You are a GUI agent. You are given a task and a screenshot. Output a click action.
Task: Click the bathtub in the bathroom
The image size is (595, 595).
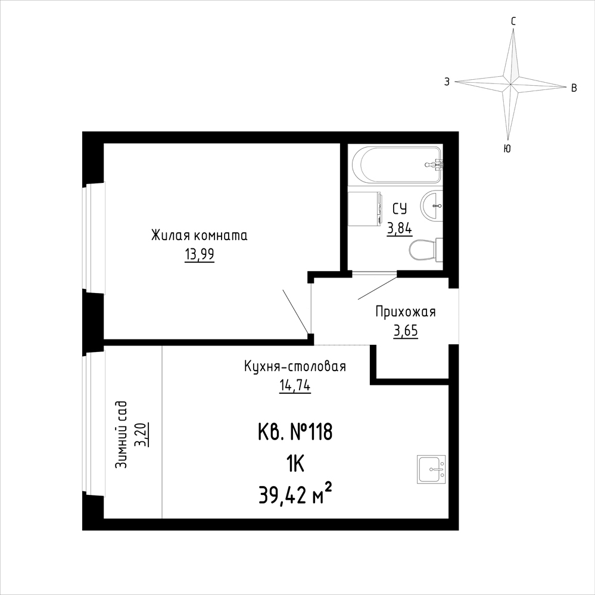pyautogui.click(x=397, y=165)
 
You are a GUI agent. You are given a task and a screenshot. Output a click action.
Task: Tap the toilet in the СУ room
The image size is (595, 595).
pyautogui.click(x=426, y=250)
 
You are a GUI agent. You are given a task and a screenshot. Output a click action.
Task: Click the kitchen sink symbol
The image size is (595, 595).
pyautogui.click(x=432, y=469)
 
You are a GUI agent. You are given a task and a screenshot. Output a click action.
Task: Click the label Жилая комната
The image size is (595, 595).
pyautogui.click(x=199, y=235)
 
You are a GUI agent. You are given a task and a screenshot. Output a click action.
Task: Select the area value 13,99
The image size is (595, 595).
pyautogui.click(x=200, y=254)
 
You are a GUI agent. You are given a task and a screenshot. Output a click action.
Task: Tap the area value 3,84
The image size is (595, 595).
pyautogui.click(x=399, y=229)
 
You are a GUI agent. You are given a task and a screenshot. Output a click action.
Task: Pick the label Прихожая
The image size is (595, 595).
pyautogui.click(x=406, y=312)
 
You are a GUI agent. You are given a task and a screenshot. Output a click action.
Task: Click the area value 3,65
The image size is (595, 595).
pyautogui.click(x=406, y=331)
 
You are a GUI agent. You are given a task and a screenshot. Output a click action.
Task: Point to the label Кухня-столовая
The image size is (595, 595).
pyautogui.click(x=295, y=367)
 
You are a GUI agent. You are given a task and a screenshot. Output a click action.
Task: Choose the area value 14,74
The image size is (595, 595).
pyautogui.click(x=295, y=386)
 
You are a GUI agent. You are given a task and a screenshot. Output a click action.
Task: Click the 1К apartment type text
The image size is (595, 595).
pyautogui.click(x=295, y=464)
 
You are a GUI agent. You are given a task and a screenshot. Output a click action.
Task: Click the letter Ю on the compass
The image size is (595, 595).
pyautogui.click(x=507, y=149)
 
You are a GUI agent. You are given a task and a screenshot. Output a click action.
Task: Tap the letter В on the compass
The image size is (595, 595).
pyautogui.click(x=574, y=88)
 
